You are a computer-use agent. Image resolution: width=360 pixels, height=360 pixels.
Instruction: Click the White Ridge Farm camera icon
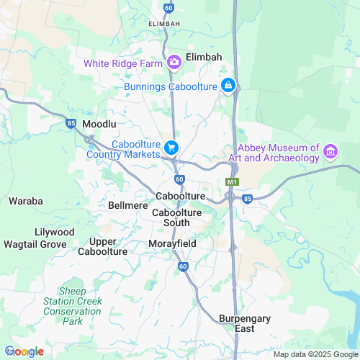[174, 63]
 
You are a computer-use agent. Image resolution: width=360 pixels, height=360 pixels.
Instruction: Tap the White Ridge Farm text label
[123, 63]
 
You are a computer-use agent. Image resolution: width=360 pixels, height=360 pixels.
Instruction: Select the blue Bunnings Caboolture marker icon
[228, 86]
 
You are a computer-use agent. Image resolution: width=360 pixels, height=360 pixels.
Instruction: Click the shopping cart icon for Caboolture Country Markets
[171, 148]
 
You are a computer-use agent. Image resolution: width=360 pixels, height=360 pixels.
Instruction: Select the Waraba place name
[26, 201]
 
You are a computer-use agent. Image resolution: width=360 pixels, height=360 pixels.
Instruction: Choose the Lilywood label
[54, 232]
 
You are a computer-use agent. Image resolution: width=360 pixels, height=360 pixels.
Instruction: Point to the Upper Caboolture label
[108, 246]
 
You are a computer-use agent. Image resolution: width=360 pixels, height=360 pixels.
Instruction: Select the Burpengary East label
[237, 323]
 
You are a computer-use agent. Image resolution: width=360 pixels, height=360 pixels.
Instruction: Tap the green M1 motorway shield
[232, 181]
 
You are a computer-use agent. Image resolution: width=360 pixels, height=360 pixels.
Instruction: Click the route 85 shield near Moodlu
[71, 123]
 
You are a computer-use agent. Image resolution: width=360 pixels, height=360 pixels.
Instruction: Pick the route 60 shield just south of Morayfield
[183, 266]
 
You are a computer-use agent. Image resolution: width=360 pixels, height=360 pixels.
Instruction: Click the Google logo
[24, 351]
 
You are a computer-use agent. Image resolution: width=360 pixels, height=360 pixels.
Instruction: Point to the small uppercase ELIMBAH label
[163, 24]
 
